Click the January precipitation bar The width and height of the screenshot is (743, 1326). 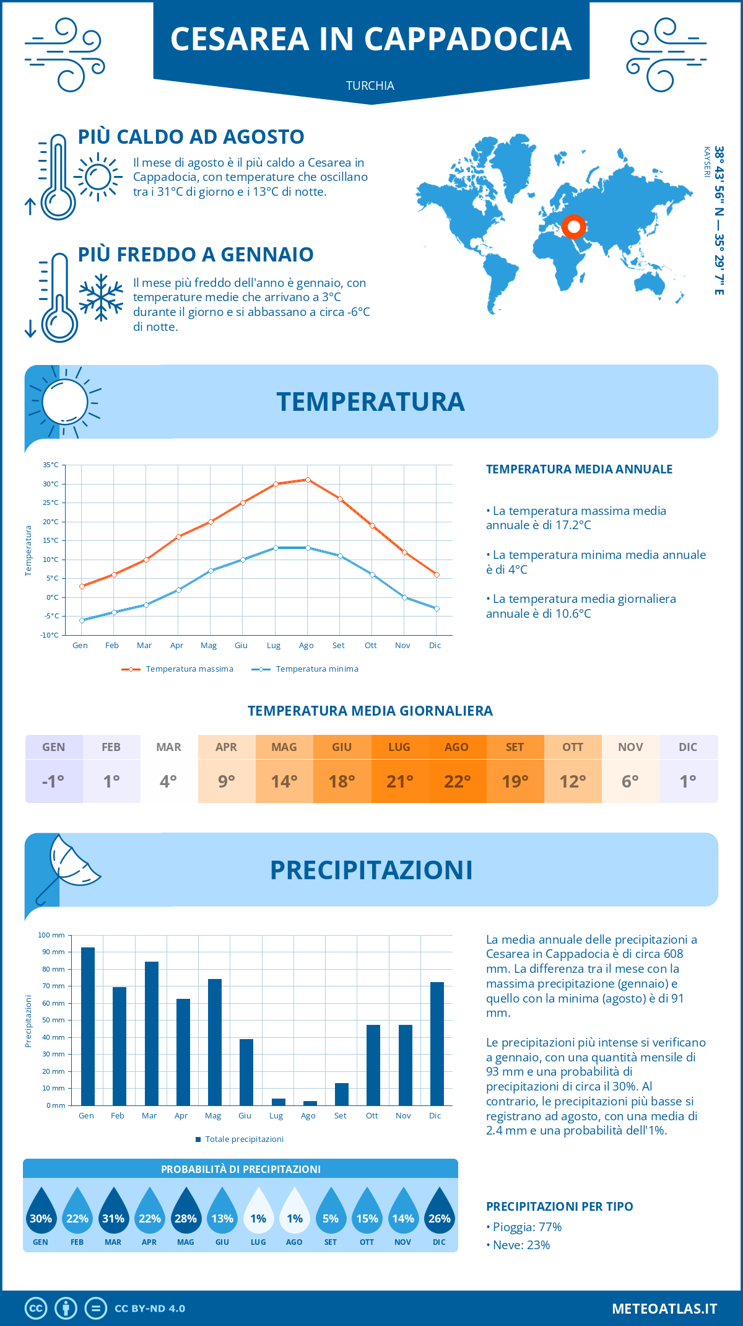[87, 1026]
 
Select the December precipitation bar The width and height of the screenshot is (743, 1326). [437, 1043]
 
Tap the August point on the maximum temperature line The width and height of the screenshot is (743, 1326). [308, 480]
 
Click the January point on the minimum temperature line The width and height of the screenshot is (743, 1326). [82, 620]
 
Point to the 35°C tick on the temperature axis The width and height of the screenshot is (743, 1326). [51, 465]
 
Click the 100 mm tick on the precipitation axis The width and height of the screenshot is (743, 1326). [51, 935]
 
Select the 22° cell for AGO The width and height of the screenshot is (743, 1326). [457, 781]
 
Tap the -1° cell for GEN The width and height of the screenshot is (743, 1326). [53, 781]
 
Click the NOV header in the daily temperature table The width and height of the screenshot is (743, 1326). [630, 747]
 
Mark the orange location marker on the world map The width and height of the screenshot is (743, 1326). [574, 227]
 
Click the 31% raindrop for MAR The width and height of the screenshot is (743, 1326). [113, 1214]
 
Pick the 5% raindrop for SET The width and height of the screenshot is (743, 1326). [331, 1214]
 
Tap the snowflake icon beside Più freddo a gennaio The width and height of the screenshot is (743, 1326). [101, 297]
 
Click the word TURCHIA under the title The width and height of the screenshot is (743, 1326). [370, 86]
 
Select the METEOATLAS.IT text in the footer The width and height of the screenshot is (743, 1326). [664, 1309]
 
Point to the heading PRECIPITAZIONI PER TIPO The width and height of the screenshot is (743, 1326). [559, 1206]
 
